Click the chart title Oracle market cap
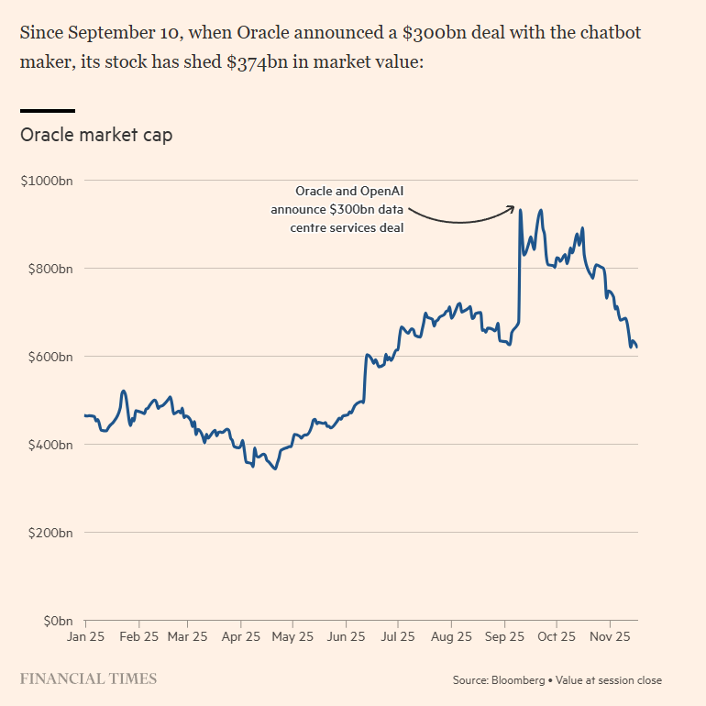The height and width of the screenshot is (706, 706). (96, 135)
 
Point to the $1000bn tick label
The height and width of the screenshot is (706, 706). (47, 181)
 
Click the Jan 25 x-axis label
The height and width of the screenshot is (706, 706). (85, 635)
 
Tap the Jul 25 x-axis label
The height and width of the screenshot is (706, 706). (398, 635)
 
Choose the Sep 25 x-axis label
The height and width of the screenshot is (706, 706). (503, 635)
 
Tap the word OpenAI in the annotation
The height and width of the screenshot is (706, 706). (379, 192)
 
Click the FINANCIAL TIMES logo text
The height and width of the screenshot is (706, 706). (88, 679)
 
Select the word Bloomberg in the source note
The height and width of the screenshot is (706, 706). (518, 680)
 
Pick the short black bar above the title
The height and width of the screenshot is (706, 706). (48, 111)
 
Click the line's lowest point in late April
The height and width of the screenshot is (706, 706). (275, 469)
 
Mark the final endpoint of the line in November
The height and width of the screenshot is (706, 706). (637, 347)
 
